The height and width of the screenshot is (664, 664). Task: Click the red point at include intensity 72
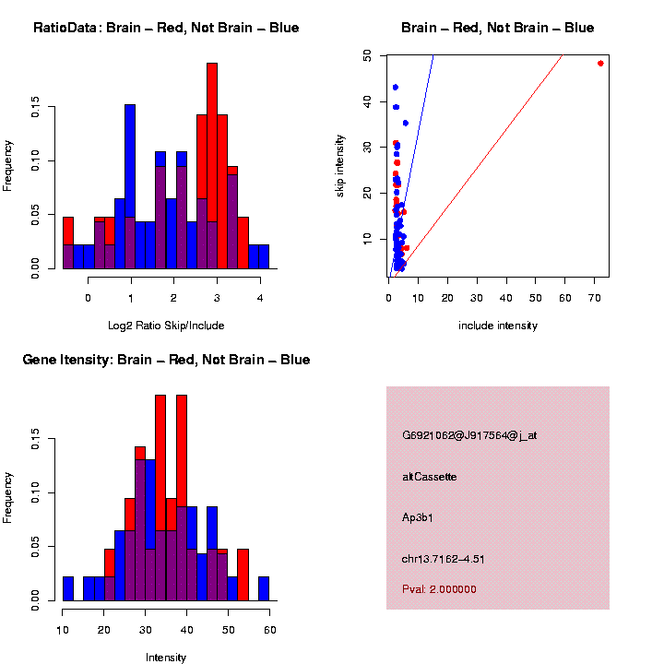click(600, 64)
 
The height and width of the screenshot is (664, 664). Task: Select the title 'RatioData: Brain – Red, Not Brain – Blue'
click(166, 28)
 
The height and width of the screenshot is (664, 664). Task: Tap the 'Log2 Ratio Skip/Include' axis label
click(166, 325)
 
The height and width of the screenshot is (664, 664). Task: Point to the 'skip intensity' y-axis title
click(340, 163)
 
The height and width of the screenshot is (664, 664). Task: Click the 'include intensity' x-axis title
click(498, 325)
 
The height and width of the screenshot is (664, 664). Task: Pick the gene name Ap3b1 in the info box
click(418, 517)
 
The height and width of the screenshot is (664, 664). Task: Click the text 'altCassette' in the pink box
click(430, 477)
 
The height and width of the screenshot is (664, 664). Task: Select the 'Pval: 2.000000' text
click(439, 589)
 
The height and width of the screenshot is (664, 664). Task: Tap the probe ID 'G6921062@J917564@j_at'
click(469, 435)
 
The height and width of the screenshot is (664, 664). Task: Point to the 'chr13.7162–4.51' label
click(444, 558)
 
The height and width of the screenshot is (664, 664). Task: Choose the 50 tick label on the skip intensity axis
click(367, 56)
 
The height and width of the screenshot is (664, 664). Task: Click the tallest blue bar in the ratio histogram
click(130, 184)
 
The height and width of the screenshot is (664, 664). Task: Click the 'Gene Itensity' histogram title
click(166, 360)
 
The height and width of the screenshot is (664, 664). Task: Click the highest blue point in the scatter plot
click(395, 88)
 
